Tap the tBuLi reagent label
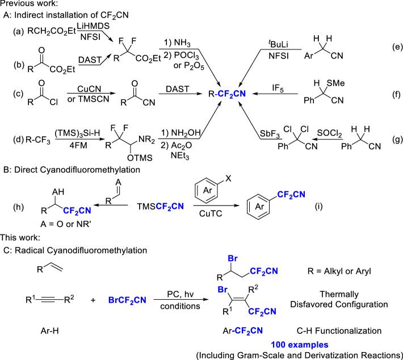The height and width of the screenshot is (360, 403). pyautogui.click(x=281, y=41)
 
